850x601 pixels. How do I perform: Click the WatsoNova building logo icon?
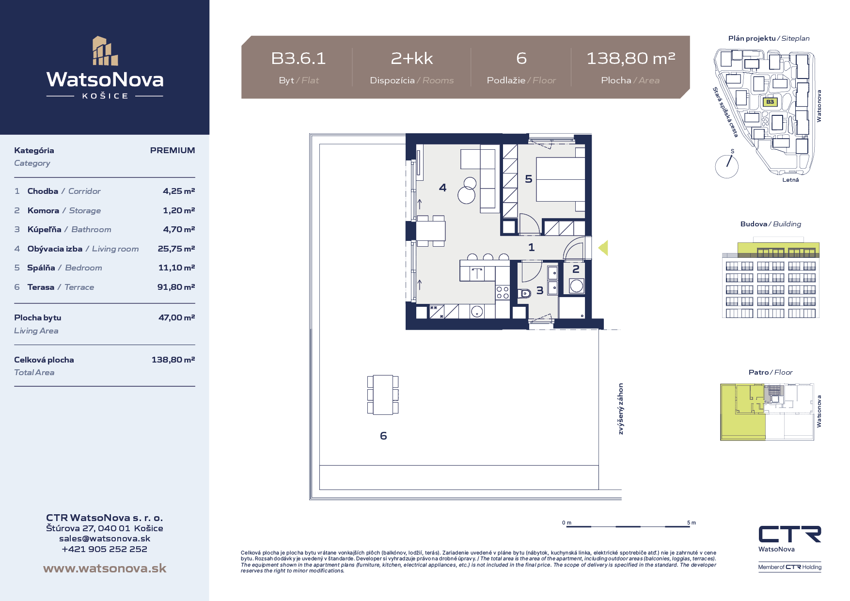click(105, 51)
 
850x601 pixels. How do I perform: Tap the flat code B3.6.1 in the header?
click(299, 59)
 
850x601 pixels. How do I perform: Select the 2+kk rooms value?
click(412, 59)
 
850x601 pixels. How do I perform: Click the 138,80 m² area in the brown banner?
click(630, 59)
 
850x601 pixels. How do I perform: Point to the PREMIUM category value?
click(173, 150)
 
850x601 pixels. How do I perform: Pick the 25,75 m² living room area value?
click(176, 249)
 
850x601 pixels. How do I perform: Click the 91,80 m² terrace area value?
click(176, 287)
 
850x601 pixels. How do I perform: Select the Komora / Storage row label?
click(64, 210)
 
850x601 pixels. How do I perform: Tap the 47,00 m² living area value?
click(177, 317)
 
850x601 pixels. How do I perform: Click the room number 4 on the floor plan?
click(442, 188)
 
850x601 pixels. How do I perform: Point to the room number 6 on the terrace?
click(383, 436)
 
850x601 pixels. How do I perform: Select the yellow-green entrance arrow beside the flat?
click(603, 248)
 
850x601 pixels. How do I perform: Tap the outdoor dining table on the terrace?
click(383, 395)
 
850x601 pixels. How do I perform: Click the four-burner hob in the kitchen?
click(503, 292)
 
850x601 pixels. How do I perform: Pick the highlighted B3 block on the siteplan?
click(770, 102)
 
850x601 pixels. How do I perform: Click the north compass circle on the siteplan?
click(726, 166)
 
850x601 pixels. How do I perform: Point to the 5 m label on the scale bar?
click(692, 522)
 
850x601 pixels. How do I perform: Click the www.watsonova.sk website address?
click(105, 568)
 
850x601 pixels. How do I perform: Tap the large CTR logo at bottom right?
click(790, 534)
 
